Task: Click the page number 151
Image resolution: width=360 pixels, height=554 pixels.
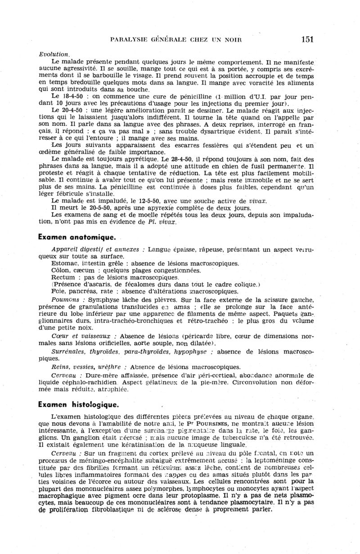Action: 308,40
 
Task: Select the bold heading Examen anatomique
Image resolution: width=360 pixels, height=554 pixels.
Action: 77,236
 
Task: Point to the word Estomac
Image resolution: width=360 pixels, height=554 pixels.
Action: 65,263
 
